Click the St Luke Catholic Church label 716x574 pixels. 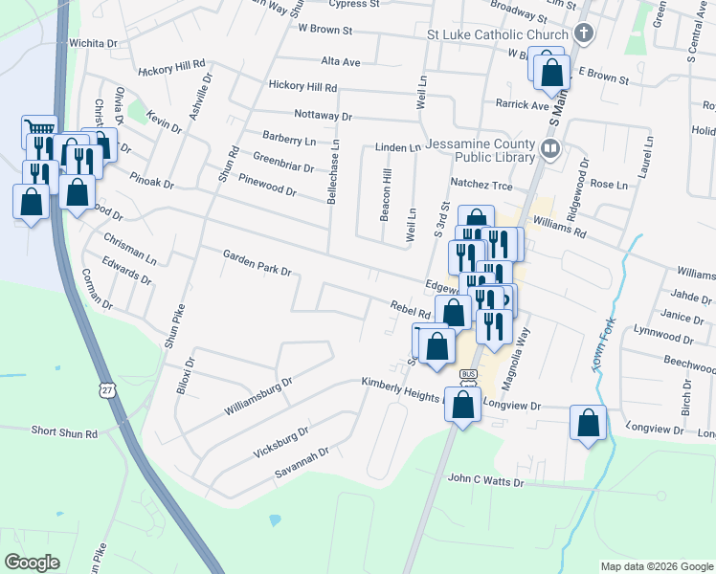tap(498, 35)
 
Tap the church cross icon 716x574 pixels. tap(584, 35)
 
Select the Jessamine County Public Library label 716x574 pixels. tap(481, 149)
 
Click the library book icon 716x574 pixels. tap(550, 147)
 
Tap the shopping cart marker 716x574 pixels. tap(39, 130)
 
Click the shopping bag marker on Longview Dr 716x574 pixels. tap(588, 422)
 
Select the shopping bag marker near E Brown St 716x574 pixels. tap(551, 73)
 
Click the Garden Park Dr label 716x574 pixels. tap(257, 263)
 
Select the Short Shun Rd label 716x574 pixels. tap(64, 433)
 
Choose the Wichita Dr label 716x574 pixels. tap(93, 44)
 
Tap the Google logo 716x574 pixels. tap(32, 563)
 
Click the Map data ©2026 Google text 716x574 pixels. tap(656, 566)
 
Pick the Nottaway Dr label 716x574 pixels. tap(323, 116)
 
